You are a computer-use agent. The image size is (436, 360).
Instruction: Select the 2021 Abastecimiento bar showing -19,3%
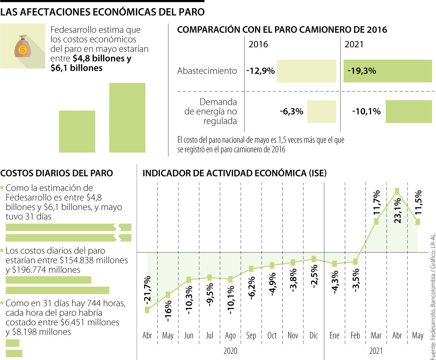(388, 71)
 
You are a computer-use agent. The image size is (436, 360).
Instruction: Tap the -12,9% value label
(260, 71)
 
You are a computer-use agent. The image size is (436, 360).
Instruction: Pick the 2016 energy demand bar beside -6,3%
(322, 112)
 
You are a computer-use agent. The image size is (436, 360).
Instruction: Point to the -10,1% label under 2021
(366, 112)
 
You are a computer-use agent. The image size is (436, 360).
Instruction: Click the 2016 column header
(258, 44)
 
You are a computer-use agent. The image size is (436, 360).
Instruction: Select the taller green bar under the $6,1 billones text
(127, 117)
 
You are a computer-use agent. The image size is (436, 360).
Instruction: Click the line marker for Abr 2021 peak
(397, 191)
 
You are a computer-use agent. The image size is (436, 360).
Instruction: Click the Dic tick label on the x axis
(313, 335)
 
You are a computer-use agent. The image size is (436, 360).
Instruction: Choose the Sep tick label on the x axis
(251, 335)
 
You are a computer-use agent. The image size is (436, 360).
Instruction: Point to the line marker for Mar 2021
(376, 221)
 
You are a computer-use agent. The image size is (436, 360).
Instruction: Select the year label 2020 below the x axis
(230, 351)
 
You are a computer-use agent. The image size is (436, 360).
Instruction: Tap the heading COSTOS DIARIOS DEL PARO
(57, 173)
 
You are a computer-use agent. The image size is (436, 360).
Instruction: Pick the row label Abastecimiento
(207, 71)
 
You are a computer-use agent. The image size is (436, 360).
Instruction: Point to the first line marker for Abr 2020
(147, 310)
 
